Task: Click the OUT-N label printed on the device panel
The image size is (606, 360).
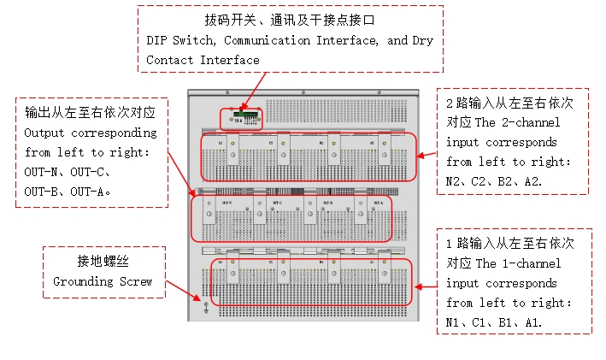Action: [x=227, y=203]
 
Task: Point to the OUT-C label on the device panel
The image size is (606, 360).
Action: [x=276, y=203]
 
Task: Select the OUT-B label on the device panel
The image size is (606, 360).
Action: [x=327, y=203]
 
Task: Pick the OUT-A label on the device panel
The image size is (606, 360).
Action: [x=378, y=203]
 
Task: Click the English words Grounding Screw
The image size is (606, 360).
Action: [x=103, y=281]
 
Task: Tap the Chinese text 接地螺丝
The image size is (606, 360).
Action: [x=103, y=260]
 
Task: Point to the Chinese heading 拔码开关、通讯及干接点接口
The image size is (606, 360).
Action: [x=291, y=19]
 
